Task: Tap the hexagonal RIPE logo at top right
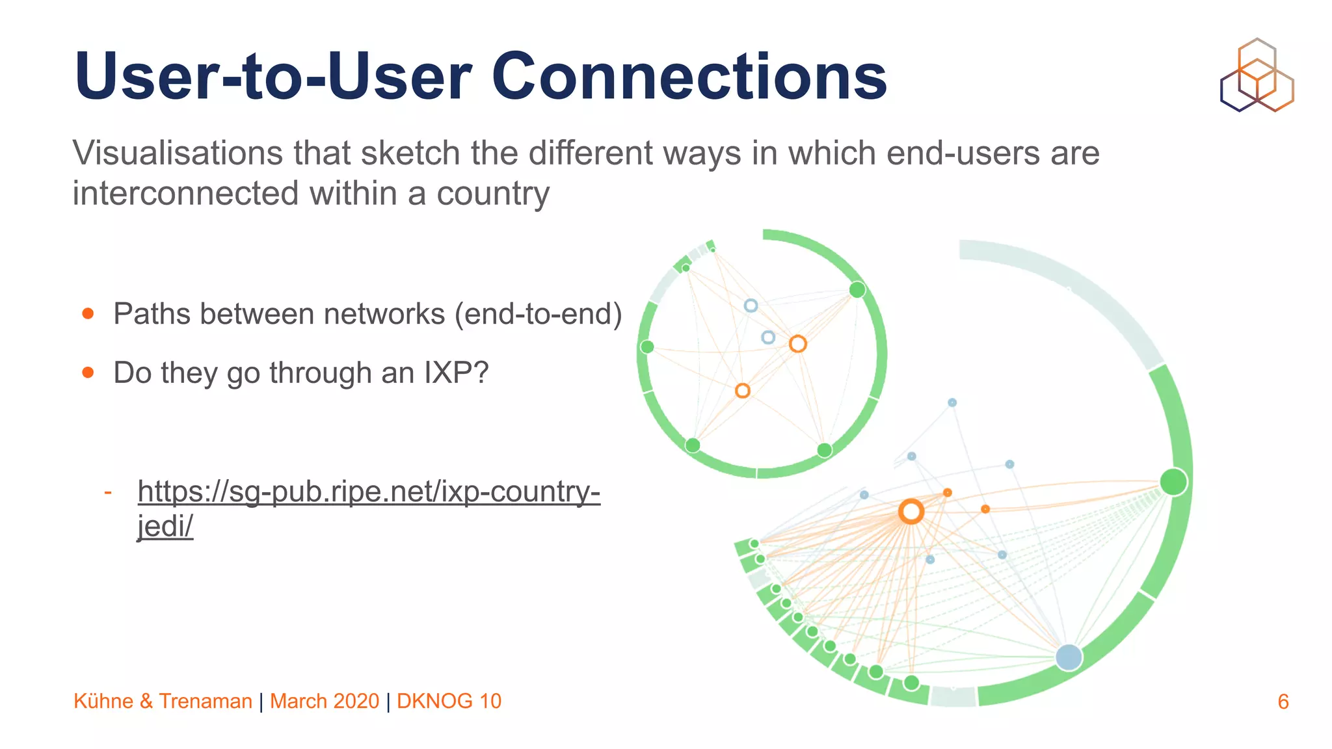(1257, 75)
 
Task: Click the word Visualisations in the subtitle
(177, 153)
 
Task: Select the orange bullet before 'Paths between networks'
(88, 314)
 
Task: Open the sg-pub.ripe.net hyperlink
(368, 492)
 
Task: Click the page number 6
(1283, 702)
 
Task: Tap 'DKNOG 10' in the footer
(449, 701)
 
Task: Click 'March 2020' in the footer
(324, 701)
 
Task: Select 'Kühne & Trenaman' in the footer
(163, 701)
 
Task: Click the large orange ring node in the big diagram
(911, 512)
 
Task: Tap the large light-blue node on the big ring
(1069, 657)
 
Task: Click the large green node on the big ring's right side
(1173, 482)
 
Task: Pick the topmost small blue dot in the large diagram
(952, 402)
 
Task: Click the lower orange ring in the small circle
(742, 390)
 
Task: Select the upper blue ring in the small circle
(751, 305)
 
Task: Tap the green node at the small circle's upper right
(857, 289)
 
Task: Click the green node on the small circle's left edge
(647, 347)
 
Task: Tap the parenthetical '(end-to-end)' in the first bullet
(538, 314)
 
